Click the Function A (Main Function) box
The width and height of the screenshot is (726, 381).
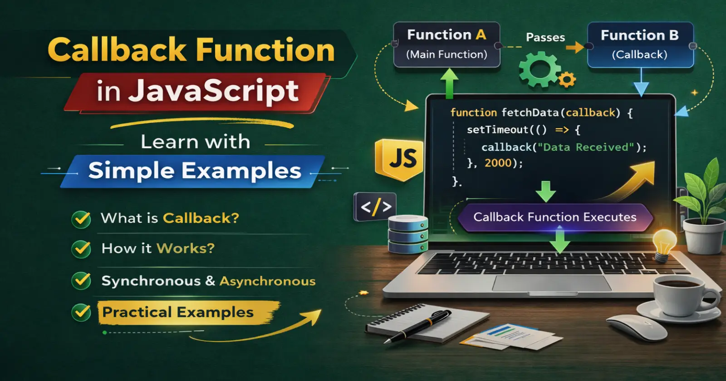point(446,45)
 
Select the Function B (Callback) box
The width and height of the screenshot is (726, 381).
point(640,45)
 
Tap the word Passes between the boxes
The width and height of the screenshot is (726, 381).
point(545,37)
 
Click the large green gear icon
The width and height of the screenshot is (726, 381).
point(540,69)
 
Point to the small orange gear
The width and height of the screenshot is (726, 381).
point(567,79)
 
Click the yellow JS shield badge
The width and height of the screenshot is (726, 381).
point(399,159)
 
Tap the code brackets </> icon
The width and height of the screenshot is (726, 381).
point(375,207)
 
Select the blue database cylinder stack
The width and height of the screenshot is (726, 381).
point(408,234)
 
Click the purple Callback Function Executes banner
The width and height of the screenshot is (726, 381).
point(555,217)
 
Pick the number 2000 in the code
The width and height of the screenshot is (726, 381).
point(498,163)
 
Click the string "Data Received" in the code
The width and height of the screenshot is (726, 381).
point(586,147)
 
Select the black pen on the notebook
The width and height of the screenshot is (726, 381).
point(417,326)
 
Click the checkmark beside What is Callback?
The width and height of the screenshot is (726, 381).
point(81,220)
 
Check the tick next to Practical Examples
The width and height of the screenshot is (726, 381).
point(81,313)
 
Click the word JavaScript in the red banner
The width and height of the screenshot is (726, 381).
point(213,91)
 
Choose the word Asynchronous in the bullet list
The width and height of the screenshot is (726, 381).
point(267,281)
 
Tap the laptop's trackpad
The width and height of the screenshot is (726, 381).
point(552,283)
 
